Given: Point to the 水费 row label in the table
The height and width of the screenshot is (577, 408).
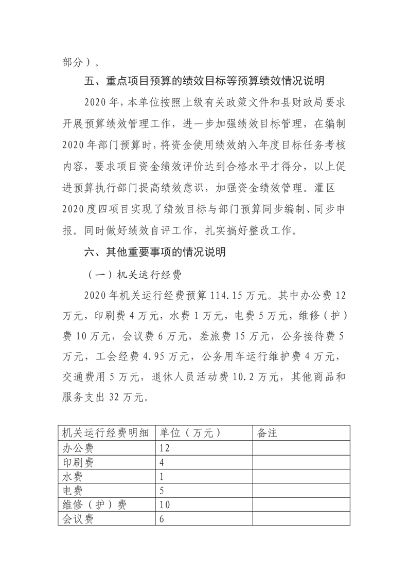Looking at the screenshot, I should point(72,476).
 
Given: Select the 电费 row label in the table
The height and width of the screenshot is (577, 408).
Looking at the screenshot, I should point(72,490).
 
